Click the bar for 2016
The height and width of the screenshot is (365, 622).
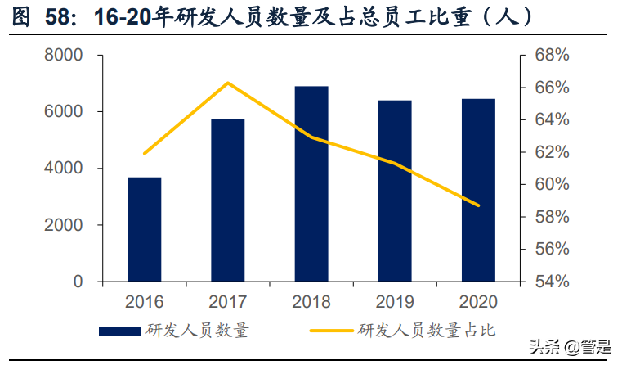144,229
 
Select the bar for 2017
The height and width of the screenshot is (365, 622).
227,201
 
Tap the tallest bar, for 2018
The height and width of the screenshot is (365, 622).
311,184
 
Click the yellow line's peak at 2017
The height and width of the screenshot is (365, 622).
227,83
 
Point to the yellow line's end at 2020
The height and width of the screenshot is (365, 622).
478,205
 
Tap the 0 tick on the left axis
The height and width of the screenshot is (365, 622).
78,282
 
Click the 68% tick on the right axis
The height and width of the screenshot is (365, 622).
552,56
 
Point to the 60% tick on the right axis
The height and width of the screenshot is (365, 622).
552,185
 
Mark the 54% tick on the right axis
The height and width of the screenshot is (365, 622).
552,282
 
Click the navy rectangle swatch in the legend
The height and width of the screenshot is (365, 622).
120,331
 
